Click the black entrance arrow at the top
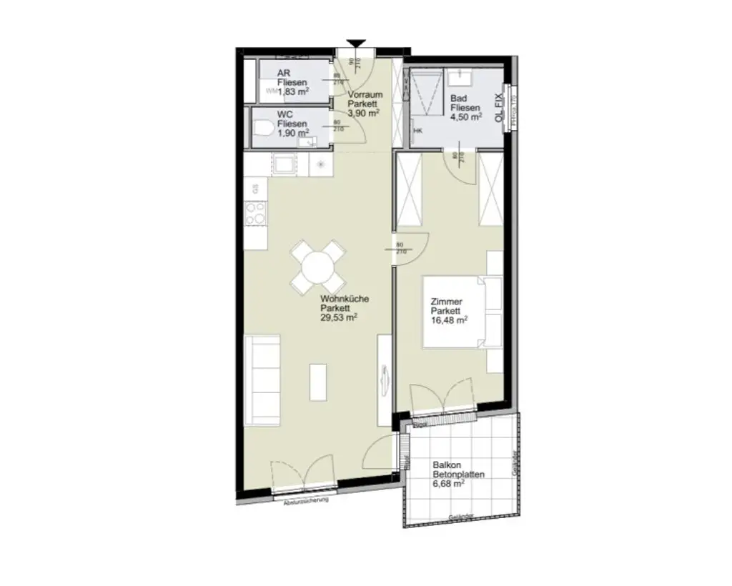(355, 45)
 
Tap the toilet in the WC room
(264, 129)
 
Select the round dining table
(318, 267)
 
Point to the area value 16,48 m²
(449, 321)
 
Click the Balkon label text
(445, 464)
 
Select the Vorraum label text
(365, 94)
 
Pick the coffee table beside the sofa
(317, 382)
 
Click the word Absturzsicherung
(305, 500)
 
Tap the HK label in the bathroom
(418, 131)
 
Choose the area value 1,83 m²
(293, 91)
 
